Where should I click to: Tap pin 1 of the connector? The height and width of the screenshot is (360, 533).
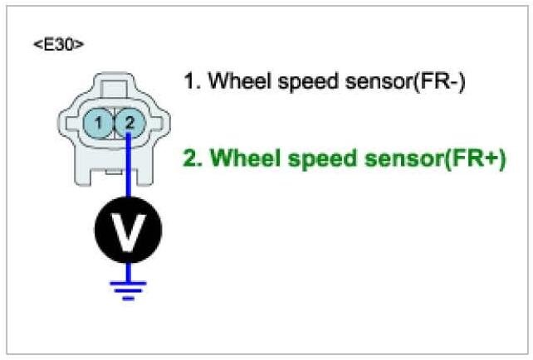pyautogui.click(x=98, y=124)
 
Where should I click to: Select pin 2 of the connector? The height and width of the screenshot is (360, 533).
pyautogui.click(x=129, y=124)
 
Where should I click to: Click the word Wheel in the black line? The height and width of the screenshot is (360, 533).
pyautogui.click(x=235, y=81)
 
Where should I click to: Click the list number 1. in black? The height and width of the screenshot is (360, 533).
pyautogui.click(x=192, y=81)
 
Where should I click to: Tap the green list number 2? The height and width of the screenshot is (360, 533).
pyautogui.click(x=193, y=158)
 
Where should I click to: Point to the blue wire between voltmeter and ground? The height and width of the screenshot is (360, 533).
pyautogui.click(x=129, y=269)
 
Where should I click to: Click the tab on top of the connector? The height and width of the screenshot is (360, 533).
pyautogui.click(x=114, y=85)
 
